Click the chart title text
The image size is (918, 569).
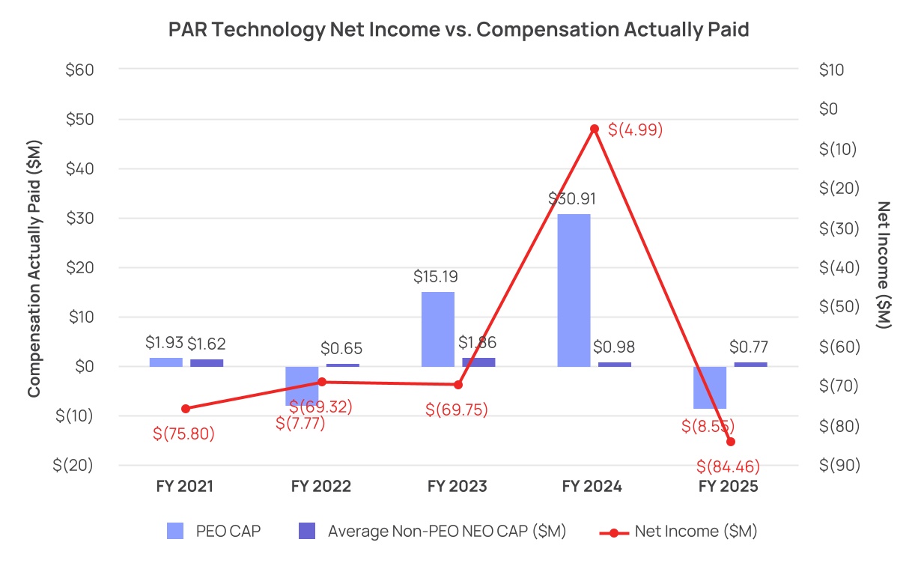click(458, 29)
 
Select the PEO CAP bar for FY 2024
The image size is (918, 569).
click(574, 290)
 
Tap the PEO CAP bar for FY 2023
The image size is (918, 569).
click(437, 329)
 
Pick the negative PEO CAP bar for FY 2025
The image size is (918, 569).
click(709, 387)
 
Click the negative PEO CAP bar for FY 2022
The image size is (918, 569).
click(302, 385)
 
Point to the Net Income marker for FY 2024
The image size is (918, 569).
click(595, 129)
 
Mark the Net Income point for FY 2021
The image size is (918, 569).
click(186, 408)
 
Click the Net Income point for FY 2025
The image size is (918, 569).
click(731, 442)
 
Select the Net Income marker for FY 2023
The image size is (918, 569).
click(458, 385)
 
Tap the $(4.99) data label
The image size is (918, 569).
click(635, 130)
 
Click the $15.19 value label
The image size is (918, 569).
click(436, 276)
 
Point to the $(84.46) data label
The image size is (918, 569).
click(728, 467)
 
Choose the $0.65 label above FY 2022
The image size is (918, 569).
click(341, 348)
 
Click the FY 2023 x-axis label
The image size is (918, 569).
click(457, 486)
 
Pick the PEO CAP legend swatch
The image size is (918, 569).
click(175, 532)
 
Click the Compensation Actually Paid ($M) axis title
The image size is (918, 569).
click(34, 267)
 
